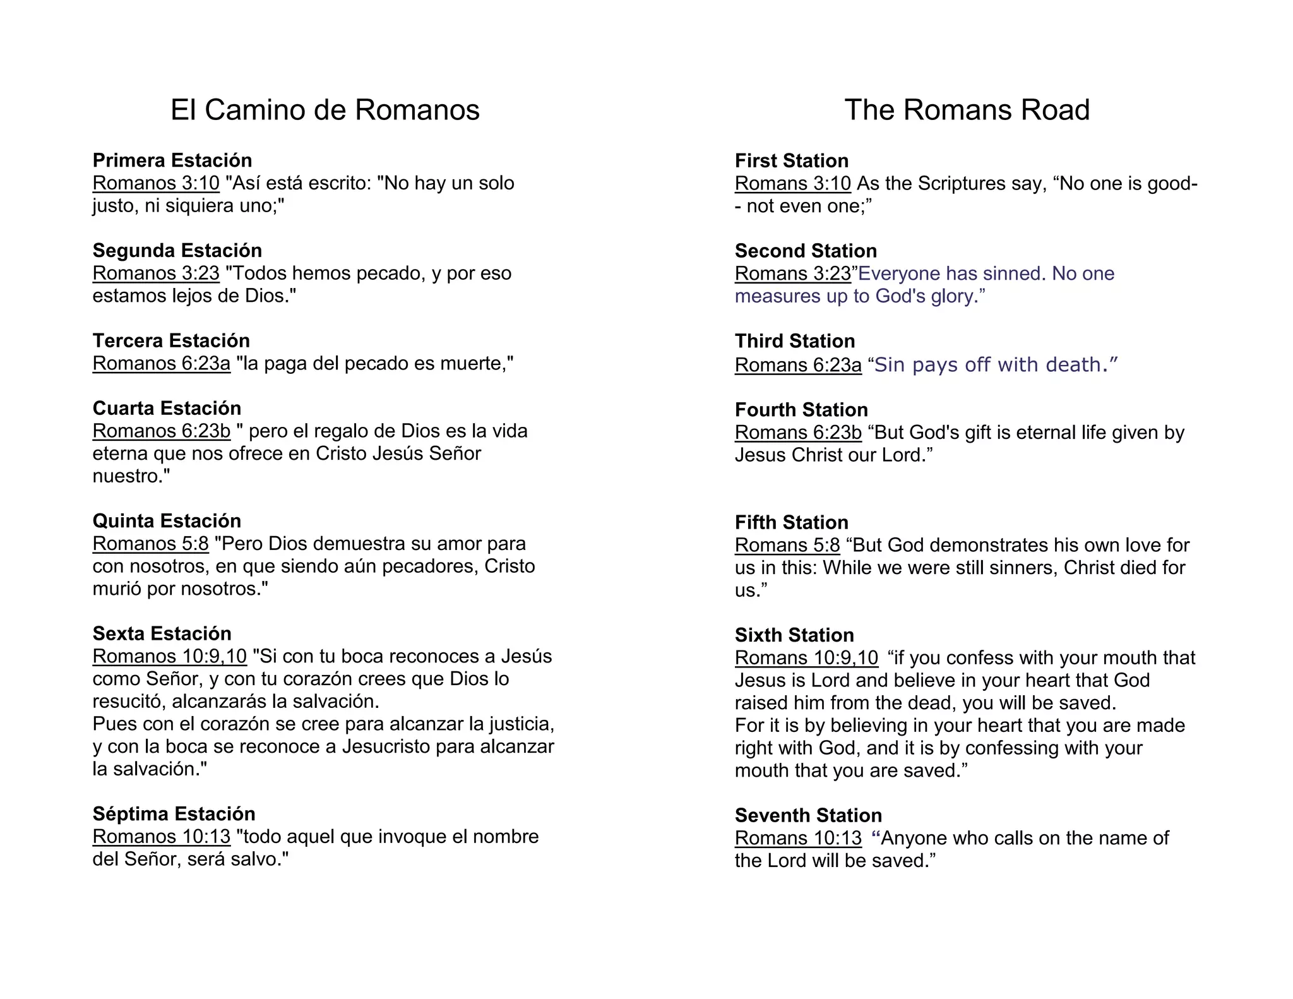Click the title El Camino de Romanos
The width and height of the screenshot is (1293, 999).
coord(325,110)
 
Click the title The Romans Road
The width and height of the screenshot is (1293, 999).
coord(967,110)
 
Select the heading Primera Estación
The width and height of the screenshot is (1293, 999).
coord(172,160)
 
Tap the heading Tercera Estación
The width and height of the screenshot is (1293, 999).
coord(171,341)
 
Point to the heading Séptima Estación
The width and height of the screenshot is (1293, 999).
coord(174,814)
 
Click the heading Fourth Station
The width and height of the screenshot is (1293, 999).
coord(801,410)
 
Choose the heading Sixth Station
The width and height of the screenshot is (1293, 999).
coord(794,635)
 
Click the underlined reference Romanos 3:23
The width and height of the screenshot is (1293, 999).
coord(156,273)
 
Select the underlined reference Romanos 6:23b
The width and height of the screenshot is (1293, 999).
coord(162,431)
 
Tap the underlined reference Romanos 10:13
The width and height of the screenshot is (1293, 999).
coord(162,837)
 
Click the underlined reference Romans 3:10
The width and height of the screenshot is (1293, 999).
coord(793,184)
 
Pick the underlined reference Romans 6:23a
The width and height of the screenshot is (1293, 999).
coord(798,365)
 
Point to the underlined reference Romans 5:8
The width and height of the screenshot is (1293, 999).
coord(787,545)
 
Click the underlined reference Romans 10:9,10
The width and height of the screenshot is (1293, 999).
coord(806,658)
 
